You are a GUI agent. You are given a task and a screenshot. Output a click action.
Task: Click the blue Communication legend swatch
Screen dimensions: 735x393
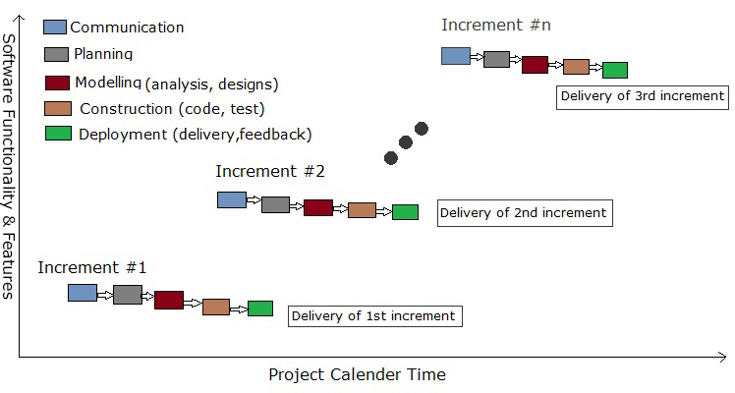pyautogui.click(x=55, y=27)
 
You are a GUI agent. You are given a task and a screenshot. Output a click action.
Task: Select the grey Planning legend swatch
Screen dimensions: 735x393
pyautogui.click(x=56, y=54)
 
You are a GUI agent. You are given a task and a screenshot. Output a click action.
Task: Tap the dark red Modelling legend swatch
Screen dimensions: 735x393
pyautogui.click(x=57, y=83)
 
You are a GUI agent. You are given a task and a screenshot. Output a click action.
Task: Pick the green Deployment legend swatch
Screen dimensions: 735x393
pyautogui.click(x=59, y=134)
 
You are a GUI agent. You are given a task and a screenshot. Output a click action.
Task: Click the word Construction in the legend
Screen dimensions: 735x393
pyautogui.click(x=126, y=109)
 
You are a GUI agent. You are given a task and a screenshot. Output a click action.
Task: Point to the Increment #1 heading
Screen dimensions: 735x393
pyautogui.click(x=92, y=267)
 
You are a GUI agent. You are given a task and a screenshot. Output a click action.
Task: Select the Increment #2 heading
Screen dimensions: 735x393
pyautogui.click(x=270, y=171)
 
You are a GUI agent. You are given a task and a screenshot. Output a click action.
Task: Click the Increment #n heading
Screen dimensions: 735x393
pyautogui.click(x=496, y=25)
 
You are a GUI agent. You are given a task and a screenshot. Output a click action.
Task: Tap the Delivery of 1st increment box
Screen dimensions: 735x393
pyautogui.click(x=375, y=316)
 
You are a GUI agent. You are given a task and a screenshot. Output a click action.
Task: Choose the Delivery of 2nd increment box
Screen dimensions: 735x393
pyautogui.click(x=525, y=213)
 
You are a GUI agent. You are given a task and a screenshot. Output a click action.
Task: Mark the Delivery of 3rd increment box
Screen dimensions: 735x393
pyautogui.click(x=643, y=97)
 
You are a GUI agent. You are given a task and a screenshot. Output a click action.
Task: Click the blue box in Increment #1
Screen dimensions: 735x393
pyautogui.click(x=83, y=293)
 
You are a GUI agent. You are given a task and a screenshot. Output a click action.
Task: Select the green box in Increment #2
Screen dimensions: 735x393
pyautogui.click(x=405, y=212)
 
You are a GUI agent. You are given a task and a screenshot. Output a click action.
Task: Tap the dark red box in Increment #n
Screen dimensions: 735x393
pyautogui.click(x=535, y=65)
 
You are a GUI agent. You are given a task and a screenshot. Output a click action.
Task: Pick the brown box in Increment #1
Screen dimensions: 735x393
pyautogui.click(x=216, y=307)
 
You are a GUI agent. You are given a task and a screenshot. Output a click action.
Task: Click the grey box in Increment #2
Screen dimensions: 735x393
pyautogui.click(x=275, y=204)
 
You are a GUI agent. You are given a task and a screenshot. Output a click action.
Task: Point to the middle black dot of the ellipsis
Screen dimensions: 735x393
pyautogui.click(x=406, y=142)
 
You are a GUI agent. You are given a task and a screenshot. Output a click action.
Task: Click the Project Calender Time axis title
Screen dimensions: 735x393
pyautogui.click(x=358, y=374)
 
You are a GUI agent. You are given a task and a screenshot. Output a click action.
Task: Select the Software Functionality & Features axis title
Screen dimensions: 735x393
pyautogui.click(x=9, y=166)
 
